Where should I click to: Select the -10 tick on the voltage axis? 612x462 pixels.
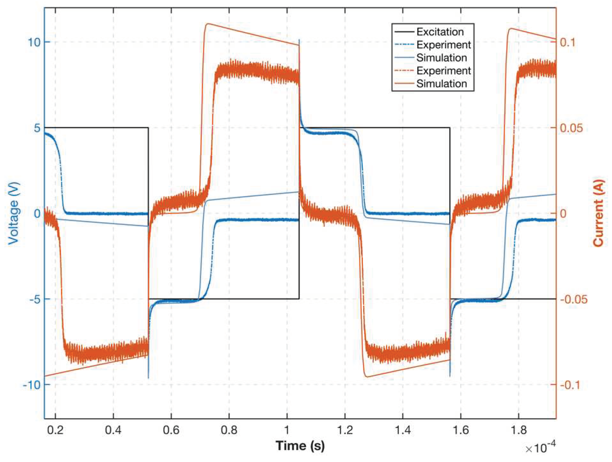click(32, 385)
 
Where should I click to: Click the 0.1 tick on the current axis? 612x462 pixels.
click(567, 42)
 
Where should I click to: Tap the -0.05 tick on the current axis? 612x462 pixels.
click(573, 299)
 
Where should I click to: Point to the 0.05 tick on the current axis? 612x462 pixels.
click(571, 128)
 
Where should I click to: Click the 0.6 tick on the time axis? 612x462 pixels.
click(171, 430)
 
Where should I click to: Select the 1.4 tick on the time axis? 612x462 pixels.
click(402, 430)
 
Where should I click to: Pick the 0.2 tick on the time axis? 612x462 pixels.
click(55, 430)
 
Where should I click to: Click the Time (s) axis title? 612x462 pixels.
click(300, 445)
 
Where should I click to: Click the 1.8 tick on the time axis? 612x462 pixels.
click(518, 430)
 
